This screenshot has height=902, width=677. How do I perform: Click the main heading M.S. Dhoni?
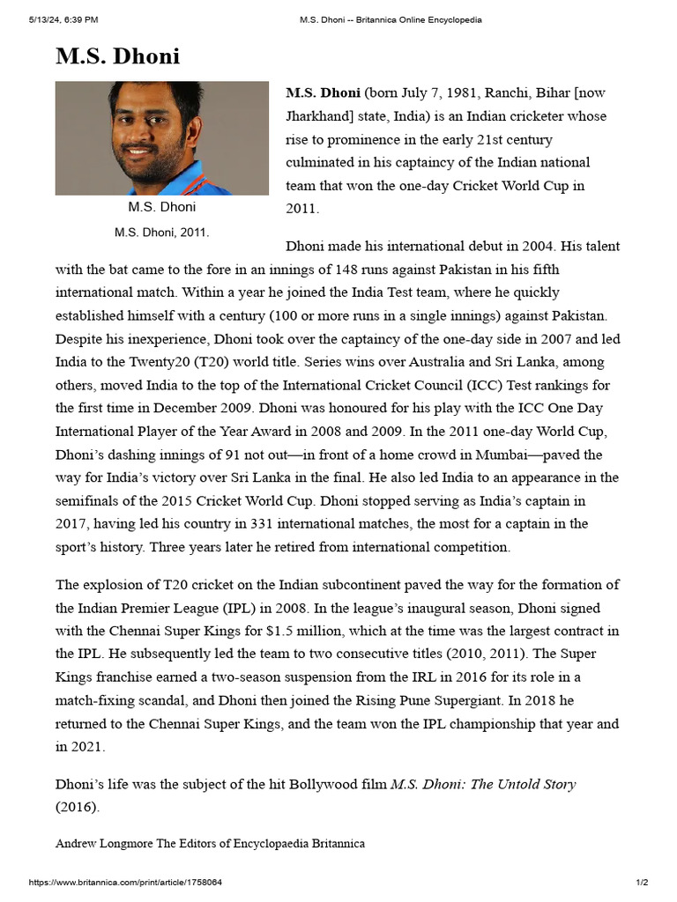pyautogui.click(x=117, y=56)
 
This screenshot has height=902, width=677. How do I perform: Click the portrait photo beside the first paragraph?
pyautogui.click(x=161, y=138)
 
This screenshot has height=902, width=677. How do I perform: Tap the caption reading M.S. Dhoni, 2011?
pyautogui.click(x=161, y=232)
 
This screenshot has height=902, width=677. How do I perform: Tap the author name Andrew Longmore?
pyautogui.click(x=104, y=843)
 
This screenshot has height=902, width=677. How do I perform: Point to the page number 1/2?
pyautogui.click(x=642, y=883)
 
